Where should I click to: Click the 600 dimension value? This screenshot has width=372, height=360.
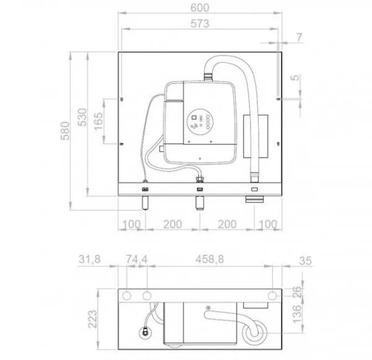click(x=200, y=8)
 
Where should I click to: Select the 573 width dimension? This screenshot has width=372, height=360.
click(x=200, y=24)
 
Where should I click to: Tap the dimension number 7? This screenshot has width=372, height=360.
click(x=300, y=37)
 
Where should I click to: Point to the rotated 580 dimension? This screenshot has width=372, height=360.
click(x=65, y=131)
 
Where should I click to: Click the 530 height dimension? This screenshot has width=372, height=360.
click(x=82, y=117)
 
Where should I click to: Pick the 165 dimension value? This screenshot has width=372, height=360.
click(x=99, y=121)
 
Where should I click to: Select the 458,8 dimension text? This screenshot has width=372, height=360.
click(x=210, y=259)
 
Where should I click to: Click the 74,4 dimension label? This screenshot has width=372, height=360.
click(x=136, y=259)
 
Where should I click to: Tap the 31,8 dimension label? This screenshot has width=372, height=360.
click(x=89, y=259)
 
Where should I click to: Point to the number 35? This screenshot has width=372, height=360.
click(x=305, y=261)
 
